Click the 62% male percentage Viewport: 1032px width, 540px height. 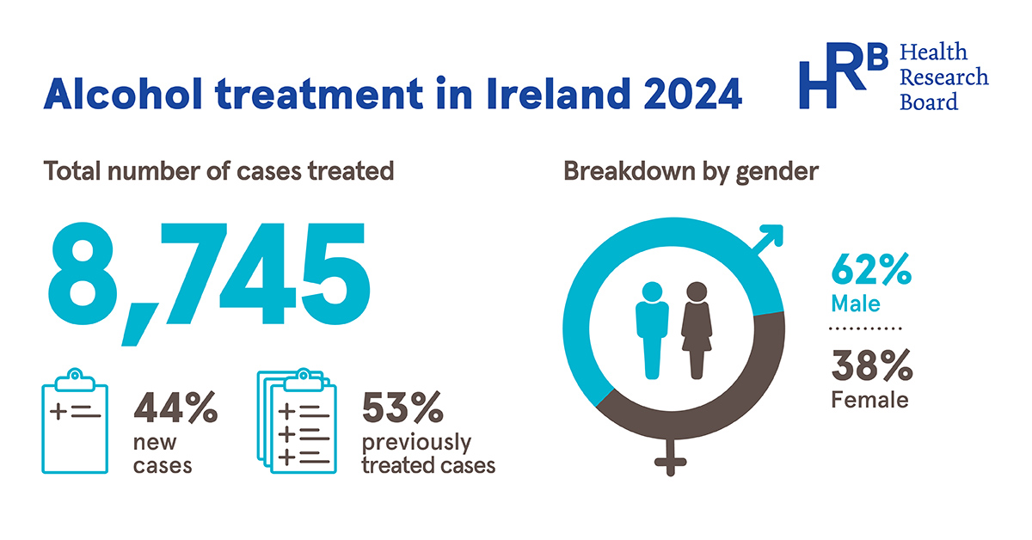click(x=870, y=273)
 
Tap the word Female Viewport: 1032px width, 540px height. click(x=869, y=400)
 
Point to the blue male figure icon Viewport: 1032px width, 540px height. click(x=651, y=329)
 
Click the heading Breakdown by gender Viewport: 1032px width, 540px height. click(x=691, y=171)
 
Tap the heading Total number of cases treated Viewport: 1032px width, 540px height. click(x=219, y=171)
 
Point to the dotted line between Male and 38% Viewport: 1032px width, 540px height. click(x=866, y=329)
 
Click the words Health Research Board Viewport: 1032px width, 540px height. click(x=943, y=77)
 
